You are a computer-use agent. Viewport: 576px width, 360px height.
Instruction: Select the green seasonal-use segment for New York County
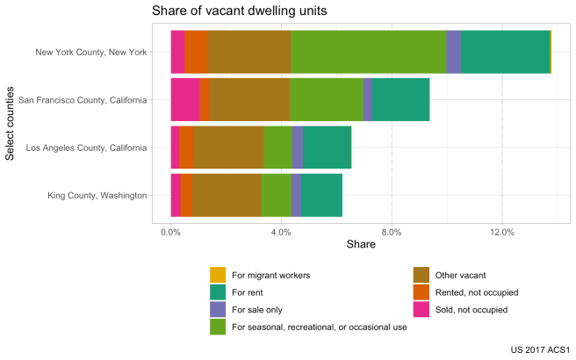tap(368, 52)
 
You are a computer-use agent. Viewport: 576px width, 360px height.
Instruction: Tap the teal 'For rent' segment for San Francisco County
tap(400, 99)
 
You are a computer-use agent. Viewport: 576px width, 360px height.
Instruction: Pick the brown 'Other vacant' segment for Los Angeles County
tap(228, 147)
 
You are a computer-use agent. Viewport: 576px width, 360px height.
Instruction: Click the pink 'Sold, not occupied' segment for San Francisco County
tap(185, 99)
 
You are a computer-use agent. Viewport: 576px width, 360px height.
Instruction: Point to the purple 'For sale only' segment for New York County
tap(453, 52)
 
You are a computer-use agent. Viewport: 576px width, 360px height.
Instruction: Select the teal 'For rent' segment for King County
tap(321, 194)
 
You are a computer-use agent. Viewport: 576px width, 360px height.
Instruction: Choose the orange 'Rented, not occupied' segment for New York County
tap(196, 52)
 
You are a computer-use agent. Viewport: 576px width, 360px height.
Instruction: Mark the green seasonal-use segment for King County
tap(276, 194)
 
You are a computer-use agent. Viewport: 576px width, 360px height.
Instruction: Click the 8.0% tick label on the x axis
tap(392, 232)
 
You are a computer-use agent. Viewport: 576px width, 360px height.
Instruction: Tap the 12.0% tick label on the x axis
tap(502, 232)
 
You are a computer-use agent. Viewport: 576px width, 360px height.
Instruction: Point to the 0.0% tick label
tap(171, 232)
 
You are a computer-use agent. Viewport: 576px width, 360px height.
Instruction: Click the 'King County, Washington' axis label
tap(97, 194)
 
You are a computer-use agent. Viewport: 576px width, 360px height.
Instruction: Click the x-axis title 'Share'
tap(361, 244)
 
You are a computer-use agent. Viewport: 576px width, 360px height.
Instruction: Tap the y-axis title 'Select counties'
tap(11, 123)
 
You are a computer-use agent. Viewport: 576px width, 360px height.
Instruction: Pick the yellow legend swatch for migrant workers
tap(218, 275)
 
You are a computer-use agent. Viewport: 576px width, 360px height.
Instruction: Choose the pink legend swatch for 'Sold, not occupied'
tap(421, 310)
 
